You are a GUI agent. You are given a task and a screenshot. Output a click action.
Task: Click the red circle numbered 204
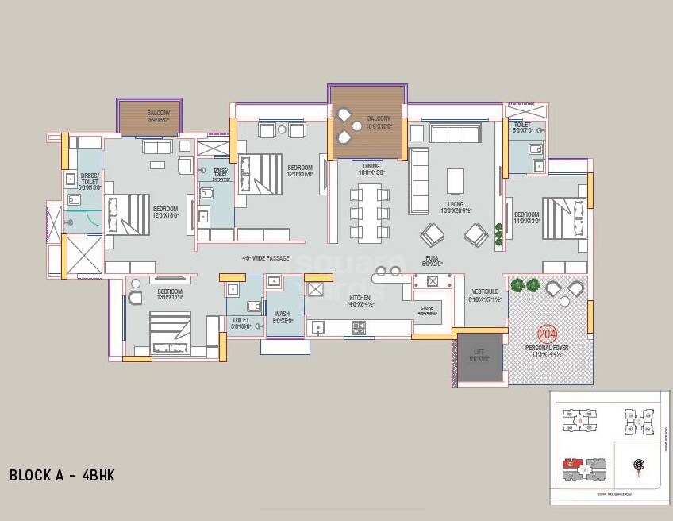(x=547, y=334)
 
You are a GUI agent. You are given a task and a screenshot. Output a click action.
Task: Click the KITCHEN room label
(x=360, y=299)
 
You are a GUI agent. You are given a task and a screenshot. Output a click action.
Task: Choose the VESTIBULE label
(x=485, y=292)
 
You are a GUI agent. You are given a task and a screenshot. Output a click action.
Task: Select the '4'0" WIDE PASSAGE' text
(x=265, y=258)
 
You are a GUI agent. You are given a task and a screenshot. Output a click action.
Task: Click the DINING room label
(x=371, y=167)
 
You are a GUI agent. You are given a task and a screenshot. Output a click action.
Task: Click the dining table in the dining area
(x=369, y=212)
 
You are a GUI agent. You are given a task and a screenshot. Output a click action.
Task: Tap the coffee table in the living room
(x=455, y=180)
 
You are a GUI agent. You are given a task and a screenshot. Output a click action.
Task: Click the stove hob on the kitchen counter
(x=359, y=326)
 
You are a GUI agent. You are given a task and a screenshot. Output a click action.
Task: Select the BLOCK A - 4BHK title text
(x=62, y=476)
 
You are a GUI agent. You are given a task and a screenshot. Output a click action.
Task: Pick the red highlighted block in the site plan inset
(x=570, y=462)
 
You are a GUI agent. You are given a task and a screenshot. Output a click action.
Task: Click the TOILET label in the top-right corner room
(x=522, y=125)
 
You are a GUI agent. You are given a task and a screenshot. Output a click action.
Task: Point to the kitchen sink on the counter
(x=318, y=326)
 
